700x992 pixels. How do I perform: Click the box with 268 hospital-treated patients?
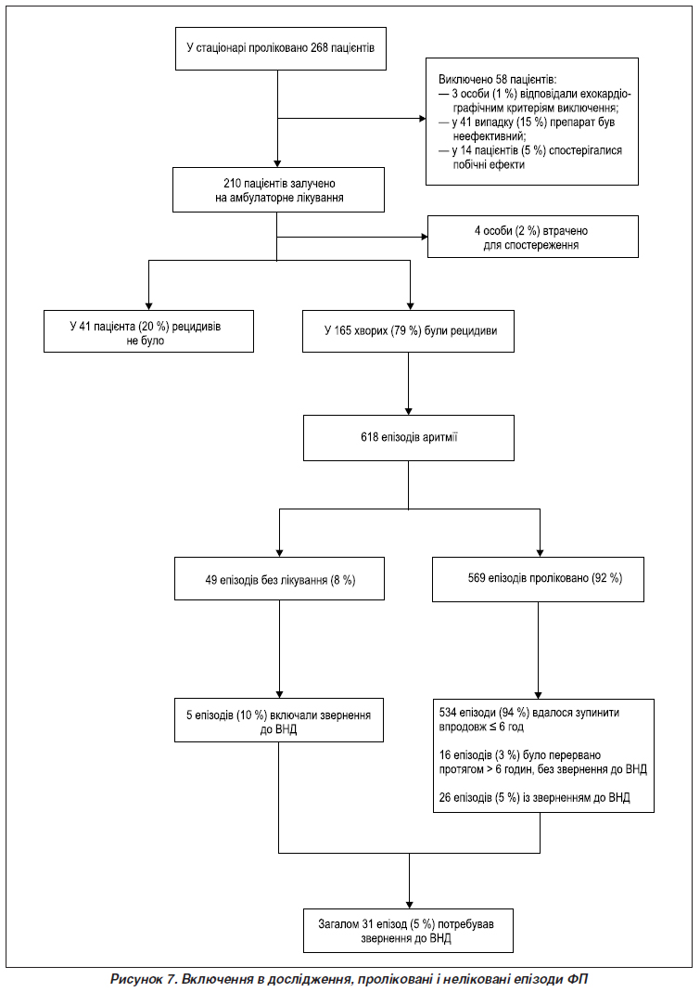(280, 47)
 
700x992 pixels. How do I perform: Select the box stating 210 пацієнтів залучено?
(279, 190)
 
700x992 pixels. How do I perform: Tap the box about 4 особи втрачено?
(532, 237)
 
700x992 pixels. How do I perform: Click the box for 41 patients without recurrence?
(148, 331)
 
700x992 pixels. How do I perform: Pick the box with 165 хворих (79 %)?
(409, 331)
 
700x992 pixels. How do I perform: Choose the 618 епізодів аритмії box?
(409, 437)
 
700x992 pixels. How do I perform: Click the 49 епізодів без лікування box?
(279, 578)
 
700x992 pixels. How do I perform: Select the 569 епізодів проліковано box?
(538, 578)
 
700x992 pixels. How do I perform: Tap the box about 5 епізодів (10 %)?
(279, 721)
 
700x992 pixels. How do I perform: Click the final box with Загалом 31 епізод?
(408, 931)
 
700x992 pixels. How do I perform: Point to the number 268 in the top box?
(319, 47)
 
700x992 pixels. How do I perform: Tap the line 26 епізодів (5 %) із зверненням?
(534, 797)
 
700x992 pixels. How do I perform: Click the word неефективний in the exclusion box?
(489, 136)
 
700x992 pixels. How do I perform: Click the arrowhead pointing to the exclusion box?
(423, 118)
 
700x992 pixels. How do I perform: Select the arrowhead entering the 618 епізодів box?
(409, 411)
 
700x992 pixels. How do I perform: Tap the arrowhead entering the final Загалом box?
(409, 904)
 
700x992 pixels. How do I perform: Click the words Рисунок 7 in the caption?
(143, 979)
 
